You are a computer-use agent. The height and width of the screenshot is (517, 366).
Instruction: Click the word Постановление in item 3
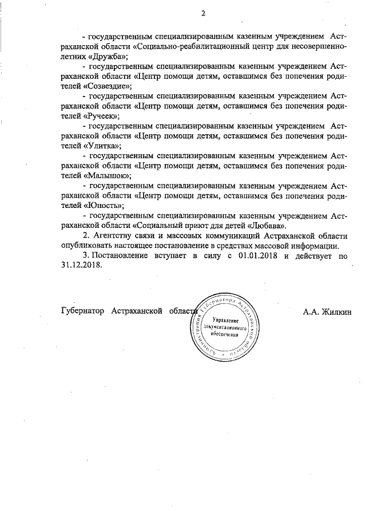tap(120, 257)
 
